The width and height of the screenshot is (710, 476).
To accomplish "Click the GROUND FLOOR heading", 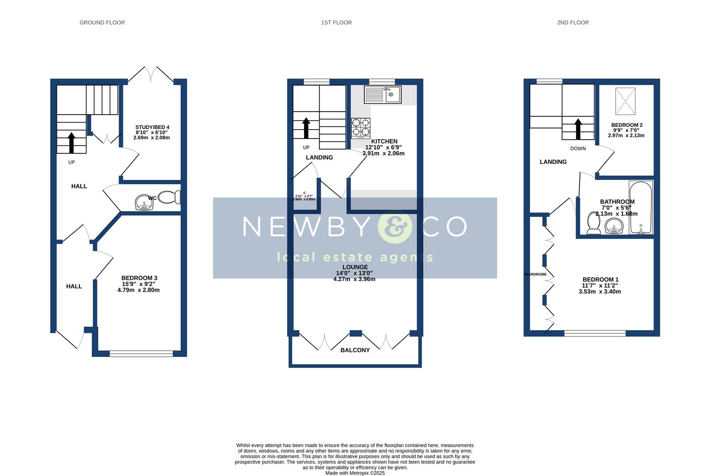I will click(x=102, y=22).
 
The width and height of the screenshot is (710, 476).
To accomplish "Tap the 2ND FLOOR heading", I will click(x=572, y=22).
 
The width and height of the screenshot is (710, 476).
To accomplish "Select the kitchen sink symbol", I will click(x=382, y=94).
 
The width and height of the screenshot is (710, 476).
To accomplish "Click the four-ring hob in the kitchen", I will click(x=361, y=128).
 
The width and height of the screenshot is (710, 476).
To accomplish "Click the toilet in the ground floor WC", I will click(x=169, y=197).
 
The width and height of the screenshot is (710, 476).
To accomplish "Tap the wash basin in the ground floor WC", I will click(x=143, y=203).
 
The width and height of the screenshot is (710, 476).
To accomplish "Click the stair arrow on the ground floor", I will click(x=71, y=142).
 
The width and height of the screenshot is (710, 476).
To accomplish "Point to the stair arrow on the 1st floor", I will click(x=306, y=128).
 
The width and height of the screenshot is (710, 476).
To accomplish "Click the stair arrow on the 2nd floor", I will click(x=578, y=129).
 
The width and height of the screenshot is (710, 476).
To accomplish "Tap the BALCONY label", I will click(x=355, y=350).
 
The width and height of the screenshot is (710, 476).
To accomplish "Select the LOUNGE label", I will click(x=355, y=267).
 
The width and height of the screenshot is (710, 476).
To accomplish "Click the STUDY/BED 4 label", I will click(x=152, y=127).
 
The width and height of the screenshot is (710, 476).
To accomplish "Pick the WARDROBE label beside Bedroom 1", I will click(x=535, y=275).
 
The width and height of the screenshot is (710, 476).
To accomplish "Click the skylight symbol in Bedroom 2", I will click(x=625, y=101).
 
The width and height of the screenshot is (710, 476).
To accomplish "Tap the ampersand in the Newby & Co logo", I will click(x=394, y=227).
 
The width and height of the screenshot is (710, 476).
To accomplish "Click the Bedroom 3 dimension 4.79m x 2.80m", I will click(x=138, y=290).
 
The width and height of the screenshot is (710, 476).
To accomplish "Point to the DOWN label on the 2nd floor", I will click(x=578, y=149).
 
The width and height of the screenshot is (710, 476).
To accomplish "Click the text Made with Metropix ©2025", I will click(x=355, y=473).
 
